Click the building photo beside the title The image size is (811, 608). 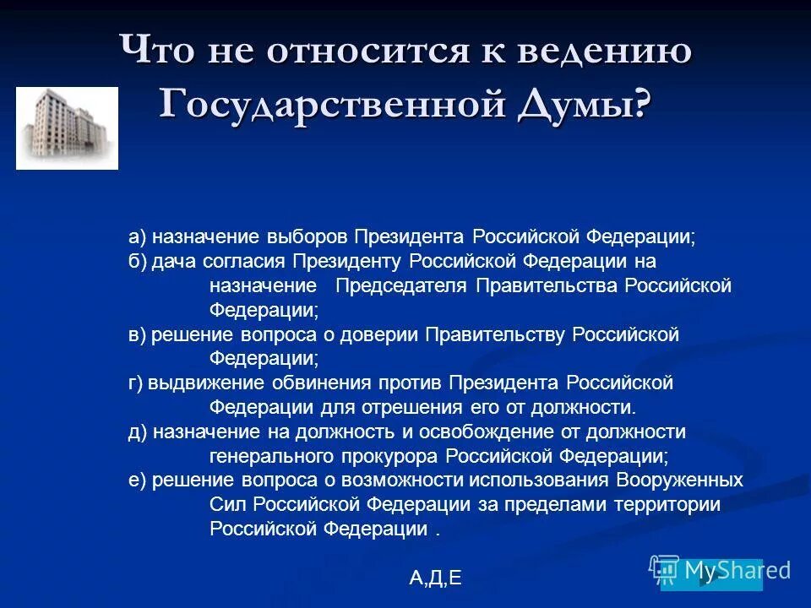coord(67,128)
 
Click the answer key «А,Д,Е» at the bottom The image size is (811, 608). coord(435,578)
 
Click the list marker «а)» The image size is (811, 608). coord(138,236)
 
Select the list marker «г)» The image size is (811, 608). coord(137,383)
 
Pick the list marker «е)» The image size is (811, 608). coord(138,481)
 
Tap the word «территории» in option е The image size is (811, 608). coord(672,506)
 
